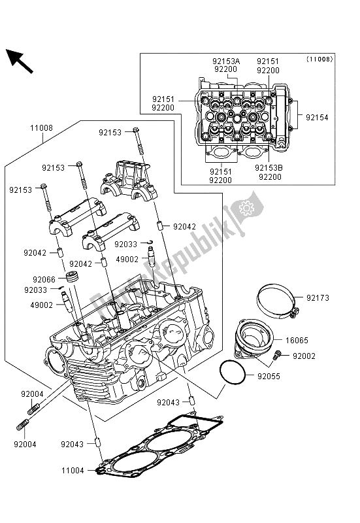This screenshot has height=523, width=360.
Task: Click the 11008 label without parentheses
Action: pyautogui.click(x=41, y=129)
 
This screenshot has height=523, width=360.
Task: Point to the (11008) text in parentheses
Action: pyautogui.click(x=319, y=59)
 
